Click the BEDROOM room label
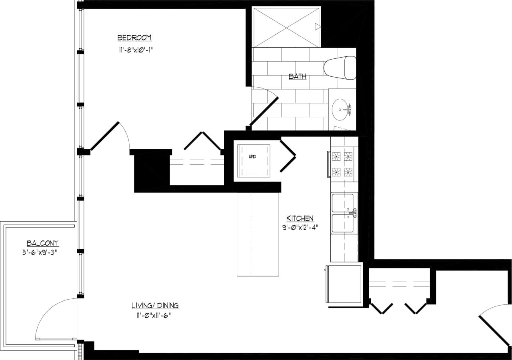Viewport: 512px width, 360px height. coord(134,38)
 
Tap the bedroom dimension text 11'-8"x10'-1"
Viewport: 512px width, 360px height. coord(136,50)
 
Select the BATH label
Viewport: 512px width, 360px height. coord(298,76)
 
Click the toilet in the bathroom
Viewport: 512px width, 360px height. coord(340,67)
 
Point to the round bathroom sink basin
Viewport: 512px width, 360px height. coord(340,109)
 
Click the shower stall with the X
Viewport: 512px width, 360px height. coord(287,27)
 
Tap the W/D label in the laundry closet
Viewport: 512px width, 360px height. coord(252,157)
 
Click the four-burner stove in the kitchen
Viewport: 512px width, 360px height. coord(343,164)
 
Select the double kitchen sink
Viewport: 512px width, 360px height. coord(343,213)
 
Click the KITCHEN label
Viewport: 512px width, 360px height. coord(300,218)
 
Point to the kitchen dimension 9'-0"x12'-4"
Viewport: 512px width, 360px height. coord(300,228)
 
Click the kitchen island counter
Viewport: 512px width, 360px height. coord(258,234)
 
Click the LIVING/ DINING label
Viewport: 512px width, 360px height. coord(155,306)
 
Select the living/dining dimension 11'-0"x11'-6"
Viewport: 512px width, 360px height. coord(156,316)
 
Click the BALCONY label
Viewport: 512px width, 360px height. coord(42,243)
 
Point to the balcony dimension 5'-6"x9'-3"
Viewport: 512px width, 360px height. coord(40,252)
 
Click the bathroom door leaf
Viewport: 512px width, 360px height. coord(264,111)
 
